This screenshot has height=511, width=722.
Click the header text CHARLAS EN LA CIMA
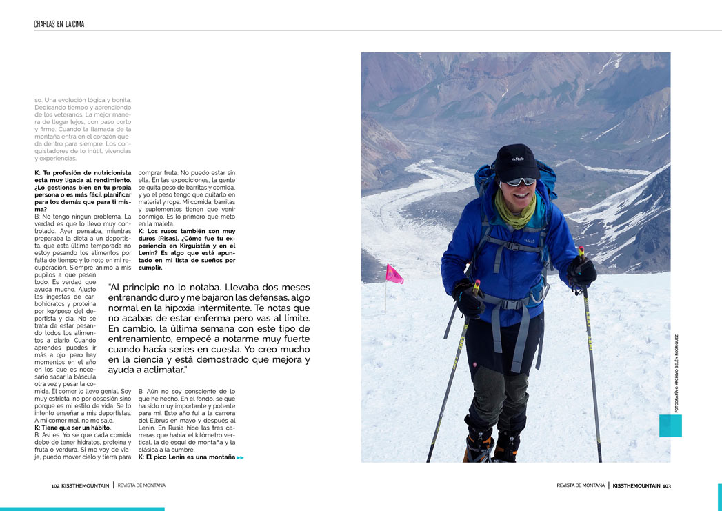coord(59,24)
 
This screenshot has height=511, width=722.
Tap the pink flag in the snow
coord(394,274)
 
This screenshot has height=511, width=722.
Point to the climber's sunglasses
coord(520,181)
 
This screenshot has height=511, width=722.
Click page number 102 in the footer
coord(55,485)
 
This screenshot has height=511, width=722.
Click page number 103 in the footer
coord(666,485)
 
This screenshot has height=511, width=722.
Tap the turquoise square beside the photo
coord(670,425)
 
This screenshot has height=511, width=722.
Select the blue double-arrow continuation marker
coord(240,457)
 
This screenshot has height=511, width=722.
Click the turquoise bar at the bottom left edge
coord(82,509)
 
